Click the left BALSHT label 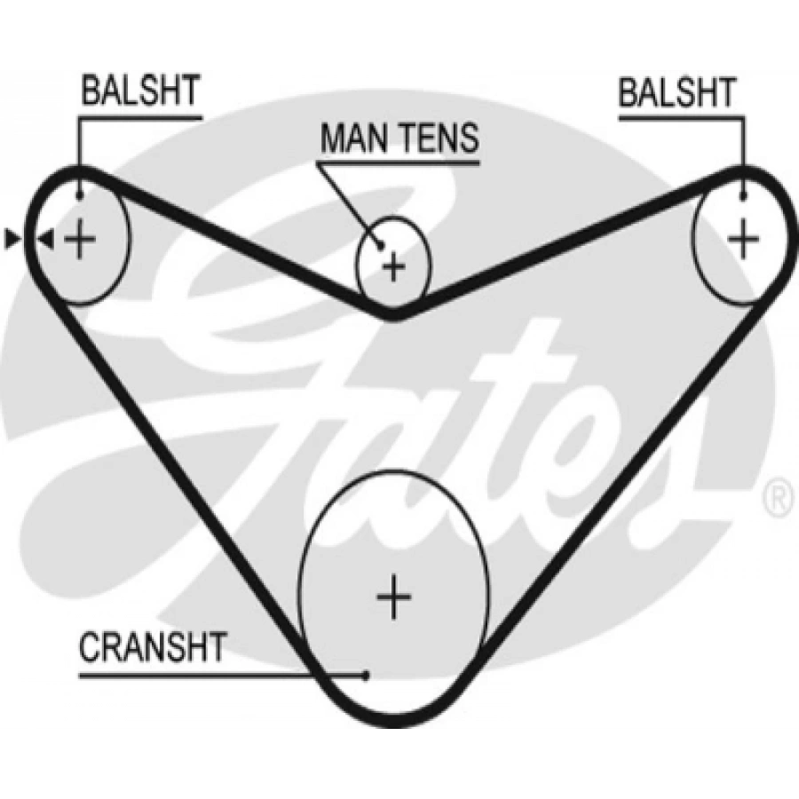140,92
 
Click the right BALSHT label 677,92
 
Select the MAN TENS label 399,138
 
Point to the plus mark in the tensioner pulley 393,265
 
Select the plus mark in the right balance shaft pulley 744,238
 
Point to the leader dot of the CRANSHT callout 366,676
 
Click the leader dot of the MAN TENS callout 380,242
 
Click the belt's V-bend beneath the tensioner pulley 393,312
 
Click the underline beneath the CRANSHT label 222,676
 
